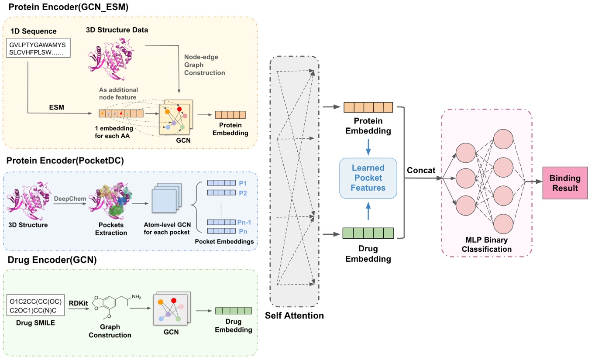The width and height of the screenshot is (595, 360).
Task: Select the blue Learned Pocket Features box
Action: point(368,178)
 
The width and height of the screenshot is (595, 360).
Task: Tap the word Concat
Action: point(421,171)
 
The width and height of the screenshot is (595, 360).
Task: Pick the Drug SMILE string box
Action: point(35,306)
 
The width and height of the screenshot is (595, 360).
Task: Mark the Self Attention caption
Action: point(294,315)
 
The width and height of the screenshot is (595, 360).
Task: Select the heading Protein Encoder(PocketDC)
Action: point(65,160)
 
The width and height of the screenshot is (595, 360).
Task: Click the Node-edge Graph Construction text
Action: point(204,65)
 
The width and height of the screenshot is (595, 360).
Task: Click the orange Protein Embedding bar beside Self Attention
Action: point(368,107)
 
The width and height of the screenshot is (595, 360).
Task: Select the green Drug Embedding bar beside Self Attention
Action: point(368,233)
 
